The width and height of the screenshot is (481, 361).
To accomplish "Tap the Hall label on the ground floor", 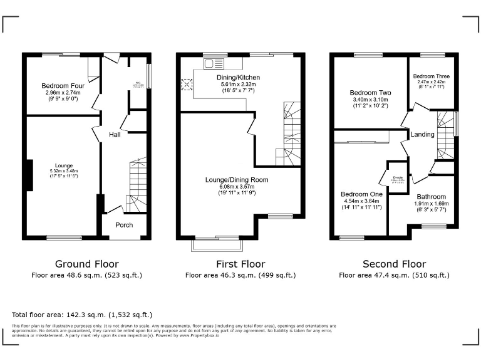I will pos(115,135).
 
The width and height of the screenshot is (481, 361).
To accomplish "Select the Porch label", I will pos(124,224).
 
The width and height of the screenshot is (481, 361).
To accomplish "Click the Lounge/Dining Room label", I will pos(237,180).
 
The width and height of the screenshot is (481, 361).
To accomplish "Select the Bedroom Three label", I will pos(432,75).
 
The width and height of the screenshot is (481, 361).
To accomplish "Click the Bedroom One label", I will pos(361,194).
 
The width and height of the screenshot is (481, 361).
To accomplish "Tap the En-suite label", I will pos(398,178).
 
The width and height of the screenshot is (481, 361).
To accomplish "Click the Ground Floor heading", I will pos(87,264).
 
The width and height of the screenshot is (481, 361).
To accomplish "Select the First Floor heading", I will pos(240,264).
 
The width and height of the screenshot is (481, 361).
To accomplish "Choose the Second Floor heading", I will pos(394,264).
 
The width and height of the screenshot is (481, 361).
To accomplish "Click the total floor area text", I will pos(82,315).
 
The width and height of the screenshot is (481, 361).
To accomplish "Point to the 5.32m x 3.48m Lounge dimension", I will pos(64,171).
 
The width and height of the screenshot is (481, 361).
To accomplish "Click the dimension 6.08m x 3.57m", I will pos(237,187).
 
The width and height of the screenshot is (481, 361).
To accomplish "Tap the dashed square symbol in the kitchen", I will pos(186,84).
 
